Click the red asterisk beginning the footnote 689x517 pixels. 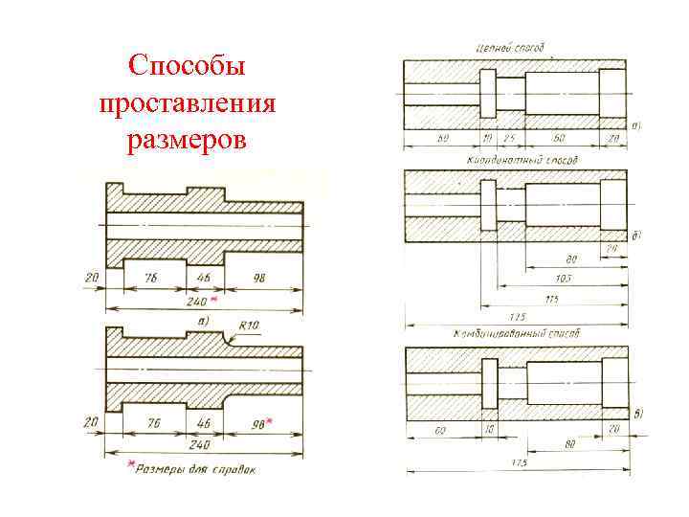tap(131, 466)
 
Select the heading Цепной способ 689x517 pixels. tap(509, 46)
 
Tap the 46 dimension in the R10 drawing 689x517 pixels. tap(204, 422)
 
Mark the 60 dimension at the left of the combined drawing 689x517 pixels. tap(440, 431)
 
